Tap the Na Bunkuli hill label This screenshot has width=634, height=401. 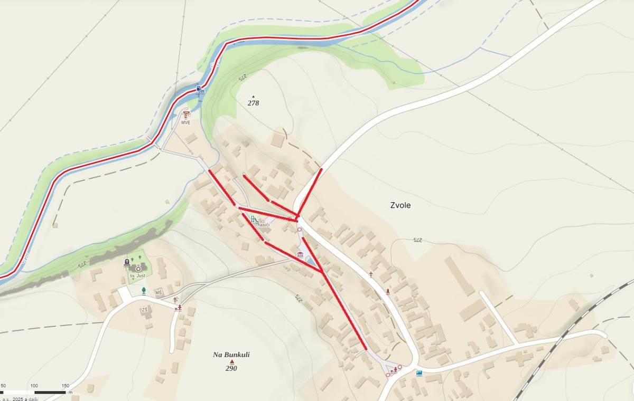(231, 355)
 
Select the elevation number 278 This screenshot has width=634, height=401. (253, 103)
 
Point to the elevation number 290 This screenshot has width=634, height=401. (231, 368)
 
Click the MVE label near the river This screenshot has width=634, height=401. (185, 122)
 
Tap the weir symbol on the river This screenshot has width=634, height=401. (200, 90)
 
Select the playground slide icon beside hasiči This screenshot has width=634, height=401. (254, 219)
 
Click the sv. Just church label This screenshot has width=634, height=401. (137, 276)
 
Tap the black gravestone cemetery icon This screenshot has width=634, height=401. (127, 262)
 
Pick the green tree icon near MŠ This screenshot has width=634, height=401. (143, 290)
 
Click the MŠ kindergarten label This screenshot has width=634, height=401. (158, 292)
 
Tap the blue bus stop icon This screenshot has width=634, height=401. (419, 373)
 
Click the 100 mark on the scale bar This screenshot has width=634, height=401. (34, 386)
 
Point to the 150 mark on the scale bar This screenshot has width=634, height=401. (66, 386)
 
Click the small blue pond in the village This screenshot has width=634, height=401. (311, 262)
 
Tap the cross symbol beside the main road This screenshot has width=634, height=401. (371, 274)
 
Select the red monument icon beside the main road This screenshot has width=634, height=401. (388, 291)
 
